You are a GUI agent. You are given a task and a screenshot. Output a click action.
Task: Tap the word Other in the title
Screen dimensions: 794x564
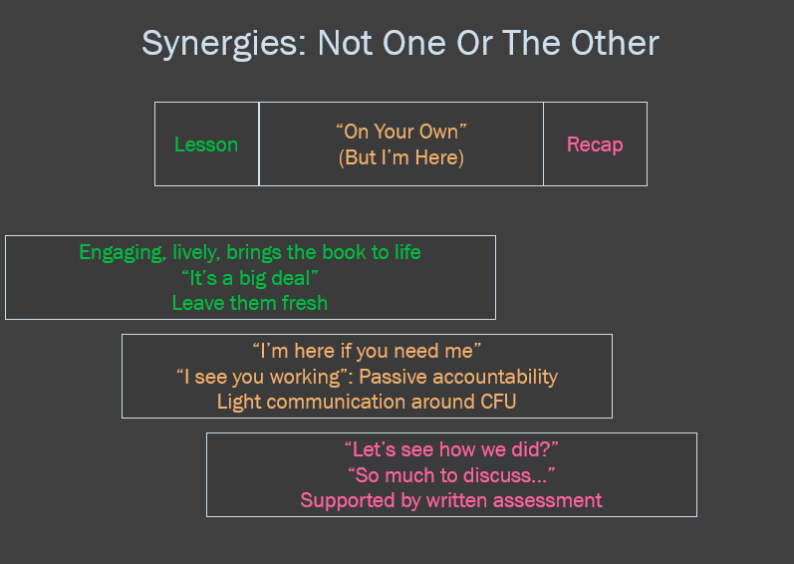(615, 43)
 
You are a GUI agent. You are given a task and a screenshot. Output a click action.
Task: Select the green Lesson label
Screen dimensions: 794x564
(206, 144)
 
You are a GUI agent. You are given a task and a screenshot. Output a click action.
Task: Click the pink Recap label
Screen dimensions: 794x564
(595, 144)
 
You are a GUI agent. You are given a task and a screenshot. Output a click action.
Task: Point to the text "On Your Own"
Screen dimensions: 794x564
(401, 132)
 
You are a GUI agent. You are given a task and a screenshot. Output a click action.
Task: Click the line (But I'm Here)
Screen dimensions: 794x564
(401, 157)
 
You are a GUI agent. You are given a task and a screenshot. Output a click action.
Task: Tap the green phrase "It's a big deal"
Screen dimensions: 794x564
(250, 278)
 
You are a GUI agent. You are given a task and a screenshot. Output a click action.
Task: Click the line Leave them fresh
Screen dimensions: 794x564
(250, 303)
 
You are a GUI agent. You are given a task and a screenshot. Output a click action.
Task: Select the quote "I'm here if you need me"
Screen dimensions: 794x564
(367, 351)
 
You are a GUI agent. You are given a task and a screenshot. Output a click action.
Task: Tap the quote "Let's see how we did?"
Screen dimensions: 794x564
(451, 449)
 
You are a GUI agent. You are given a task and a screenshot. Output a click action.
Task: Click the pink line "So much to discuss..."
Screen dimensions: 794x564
(451, 475)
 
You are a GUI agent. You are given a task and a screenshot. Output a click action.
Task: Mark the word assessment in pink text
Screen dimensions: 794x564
(547, 500)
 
